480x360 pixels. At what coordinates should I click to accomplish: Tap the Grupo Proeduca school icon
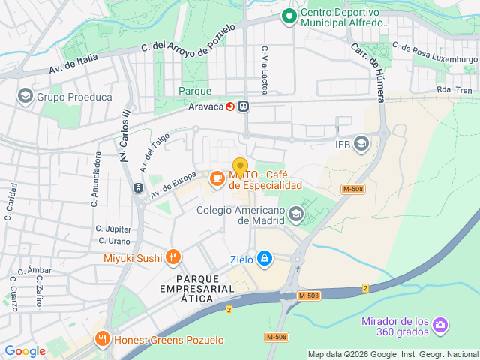pos(25,96)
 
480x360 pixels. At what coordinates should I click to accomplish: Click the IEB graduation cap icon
pos(362,142)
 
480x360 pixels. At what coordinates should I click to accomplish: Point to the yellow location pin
pos(240,166)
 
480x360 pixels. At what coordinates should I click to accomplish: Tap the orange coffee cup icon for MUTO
pos(216,178)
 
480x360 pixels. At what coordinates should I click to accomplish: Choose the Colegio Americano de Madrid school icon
pos(295,216)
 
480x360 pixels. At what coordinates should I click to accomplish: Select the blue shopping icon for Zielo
pos(264,259)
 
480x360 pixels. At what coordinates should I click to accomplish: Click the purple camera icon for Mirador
pos(440,324)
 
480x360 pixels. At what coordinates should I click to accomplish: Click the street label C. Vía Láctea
pos(265,70)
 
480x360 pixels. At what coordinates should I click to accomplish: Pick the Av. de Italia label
pos(73,66)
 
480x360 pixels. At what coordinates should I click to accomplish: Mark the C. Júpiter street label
pos(113,229)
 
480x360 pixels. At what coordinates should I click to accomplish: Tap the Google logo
pos(25,350)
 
